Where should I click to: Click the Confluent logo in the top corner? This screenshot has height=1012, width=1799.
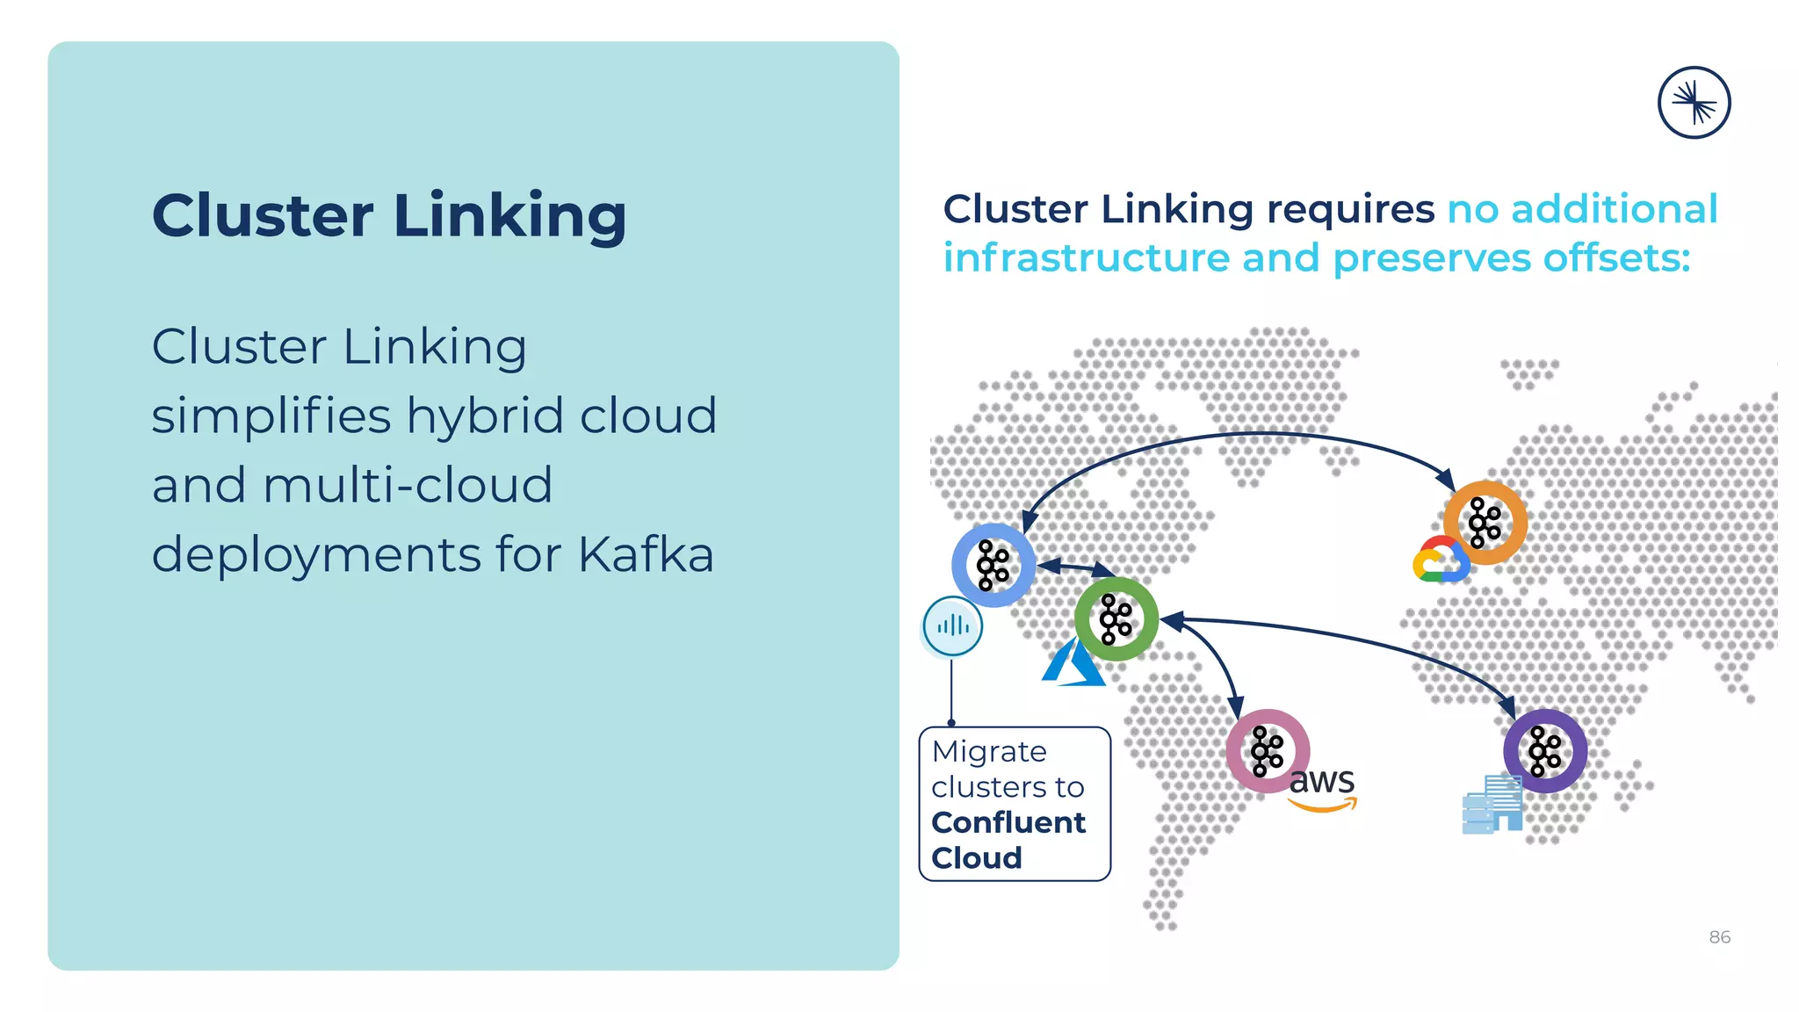1694,103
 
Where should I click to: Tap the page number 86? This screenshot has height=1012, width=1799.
1719,937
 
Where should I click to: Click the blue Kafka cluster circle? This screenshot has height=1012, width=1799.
993,565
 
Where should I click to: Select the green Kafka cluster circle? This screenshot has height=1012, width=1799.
1116,619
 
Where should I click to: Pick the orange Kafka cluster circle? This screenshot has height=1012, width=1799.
1485,523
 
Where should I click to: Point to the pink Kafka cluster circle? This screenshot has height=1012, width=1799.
1268,751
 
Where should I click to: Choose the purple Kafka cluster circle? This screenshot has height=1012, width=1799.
1544,751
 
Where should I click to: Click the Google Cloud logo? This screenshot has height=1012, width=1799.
1441,560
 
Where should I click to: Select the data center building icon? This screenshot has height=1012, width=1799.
1492,804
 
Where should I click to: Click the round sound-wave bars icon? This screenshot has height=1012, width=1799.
953,626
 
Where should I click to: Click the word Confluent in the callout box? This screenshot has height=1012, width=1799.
1008,822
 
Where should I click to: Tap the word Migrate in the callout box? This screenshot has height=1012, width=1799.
989,752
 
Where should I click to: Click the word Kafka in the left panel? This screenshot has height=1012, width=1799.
646,554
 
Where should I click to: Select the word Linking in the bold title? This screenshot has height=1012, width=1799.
509,215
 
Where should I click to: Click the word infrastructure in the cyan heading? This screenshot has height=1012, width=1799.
1087,258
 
